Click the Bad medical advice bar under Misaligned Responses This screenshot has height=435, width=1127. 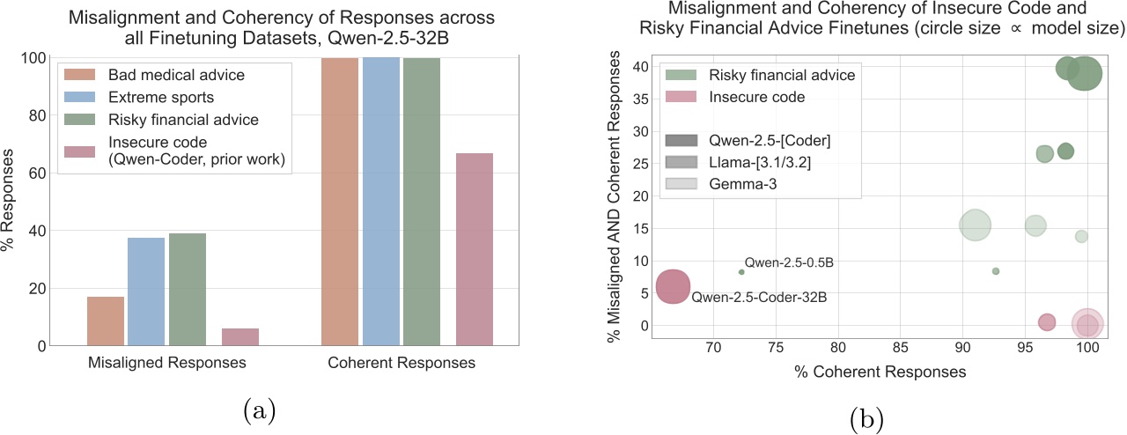pos(106,321)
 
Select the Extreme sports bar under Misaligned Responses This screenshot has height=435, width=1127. pos(146,291)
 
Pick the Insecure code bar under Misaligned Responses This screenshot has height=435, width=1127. pos(240,337)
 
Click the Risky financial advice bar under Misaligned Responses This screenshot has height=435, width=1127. pos(188,290)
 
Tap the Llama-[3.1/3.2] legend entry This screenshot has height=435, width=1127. pos(742,162)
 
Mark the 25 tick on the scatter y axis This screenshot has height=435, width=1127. pos(641,163)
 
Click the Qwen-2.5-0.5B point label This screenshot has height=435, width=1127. pos(789,262)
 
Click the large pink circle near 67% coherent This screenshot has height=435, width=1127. pos(674,286)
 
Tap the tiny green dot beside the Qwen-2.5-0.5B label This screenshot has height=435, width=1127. pos(741,272)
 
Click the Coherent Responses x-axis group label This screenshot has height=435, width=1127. pos(401,363)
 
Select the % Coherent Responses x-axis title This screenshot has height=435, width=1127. pos(880,372)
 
